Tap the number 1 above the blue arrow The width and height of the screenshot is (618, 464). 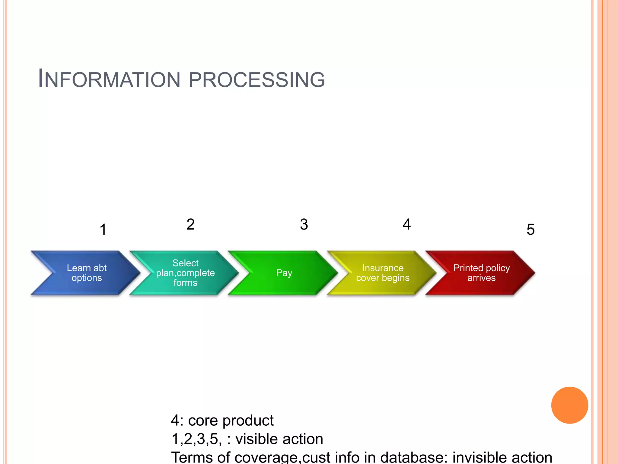(103, 230)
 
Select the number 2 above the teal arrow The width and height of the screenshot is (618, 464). (190, 224)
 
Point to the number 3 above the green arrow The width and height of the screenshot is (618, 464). (304, 224)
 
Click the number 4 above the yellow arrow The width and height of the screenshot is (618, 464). (407, 224)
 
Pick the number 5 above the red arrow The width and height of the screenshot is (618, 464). (530, 230)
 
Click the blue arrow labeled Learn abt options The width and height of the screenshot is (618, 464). (87, 273)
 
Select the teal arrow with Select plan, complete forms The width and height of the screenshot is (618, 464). (185, 273)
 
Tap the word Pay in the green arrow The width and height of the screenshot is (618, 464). (284, 273)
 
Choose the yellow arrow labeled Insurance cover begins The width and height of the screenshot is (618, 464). (383, 273)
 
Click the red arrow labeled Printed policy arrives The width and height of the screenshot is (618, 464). (481, 273)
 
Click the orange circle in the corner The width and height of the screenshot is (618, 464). (569, 405)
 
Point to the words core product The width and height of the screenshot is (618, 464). (231, 420)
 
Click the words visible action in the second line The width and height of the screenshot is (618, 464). (279, 439)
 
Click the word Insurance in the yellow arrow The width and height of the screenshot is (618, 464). (383, 268)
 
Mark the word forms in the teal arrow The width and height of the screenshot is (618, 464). (185, 283)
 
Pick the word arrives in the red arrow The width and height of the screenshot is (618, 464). (481, 278)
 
